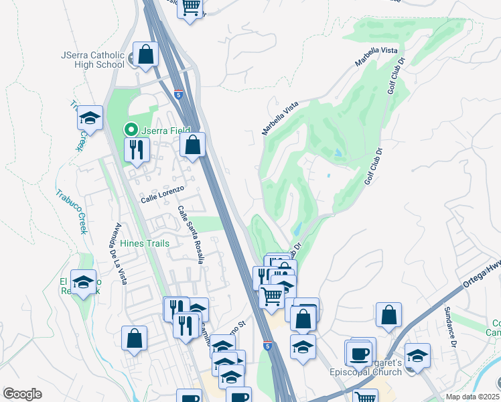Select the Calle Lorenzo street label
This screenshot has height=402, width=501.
point(161,199)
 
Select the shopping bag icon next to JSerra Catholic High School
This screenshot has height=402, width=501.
point(145,54)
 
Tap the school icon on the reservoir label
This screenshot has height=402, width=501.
point(84,283)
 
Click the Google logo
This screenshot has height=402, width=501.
point(22,394)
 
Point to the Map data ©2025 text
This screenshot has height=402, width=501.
point(472,397)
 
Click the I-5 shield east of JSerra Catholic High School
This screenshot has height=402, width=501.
point(178,95)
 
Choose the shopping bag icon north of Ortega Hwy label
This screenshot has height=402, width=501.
point(388,316)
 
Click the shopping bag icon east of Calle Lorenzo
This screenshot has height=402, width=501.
point(193,145)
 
